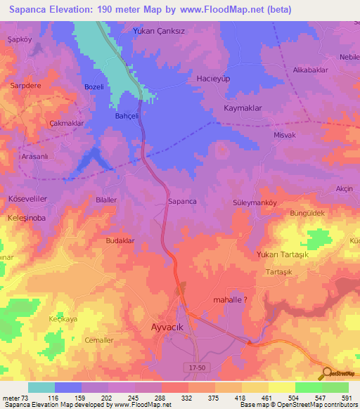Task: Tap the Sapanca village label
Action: [x=182, y=202]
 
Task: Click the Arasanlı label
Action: [x=34, y=157]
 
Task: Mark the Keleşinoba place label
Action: [x=27, y=218]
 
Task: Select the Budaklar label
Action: [x=120, y=240]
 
